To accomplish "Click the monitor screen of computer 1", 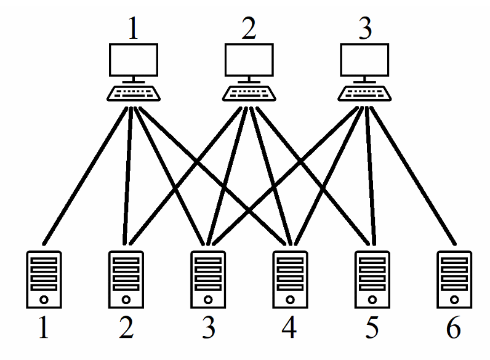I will [134, 61].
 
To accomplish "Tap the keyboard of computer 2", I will [249, 94].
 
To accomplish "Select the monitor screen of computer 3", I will [365, 61].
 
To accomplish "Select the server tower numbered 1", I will [44, 279].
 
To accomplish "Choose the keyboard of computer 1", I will [134, 94].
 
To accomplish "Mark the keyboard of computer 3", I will [365, 94].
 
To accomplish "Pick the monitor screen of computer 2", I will [249, 61].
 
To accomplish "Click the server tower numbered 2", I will [126, 279].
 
